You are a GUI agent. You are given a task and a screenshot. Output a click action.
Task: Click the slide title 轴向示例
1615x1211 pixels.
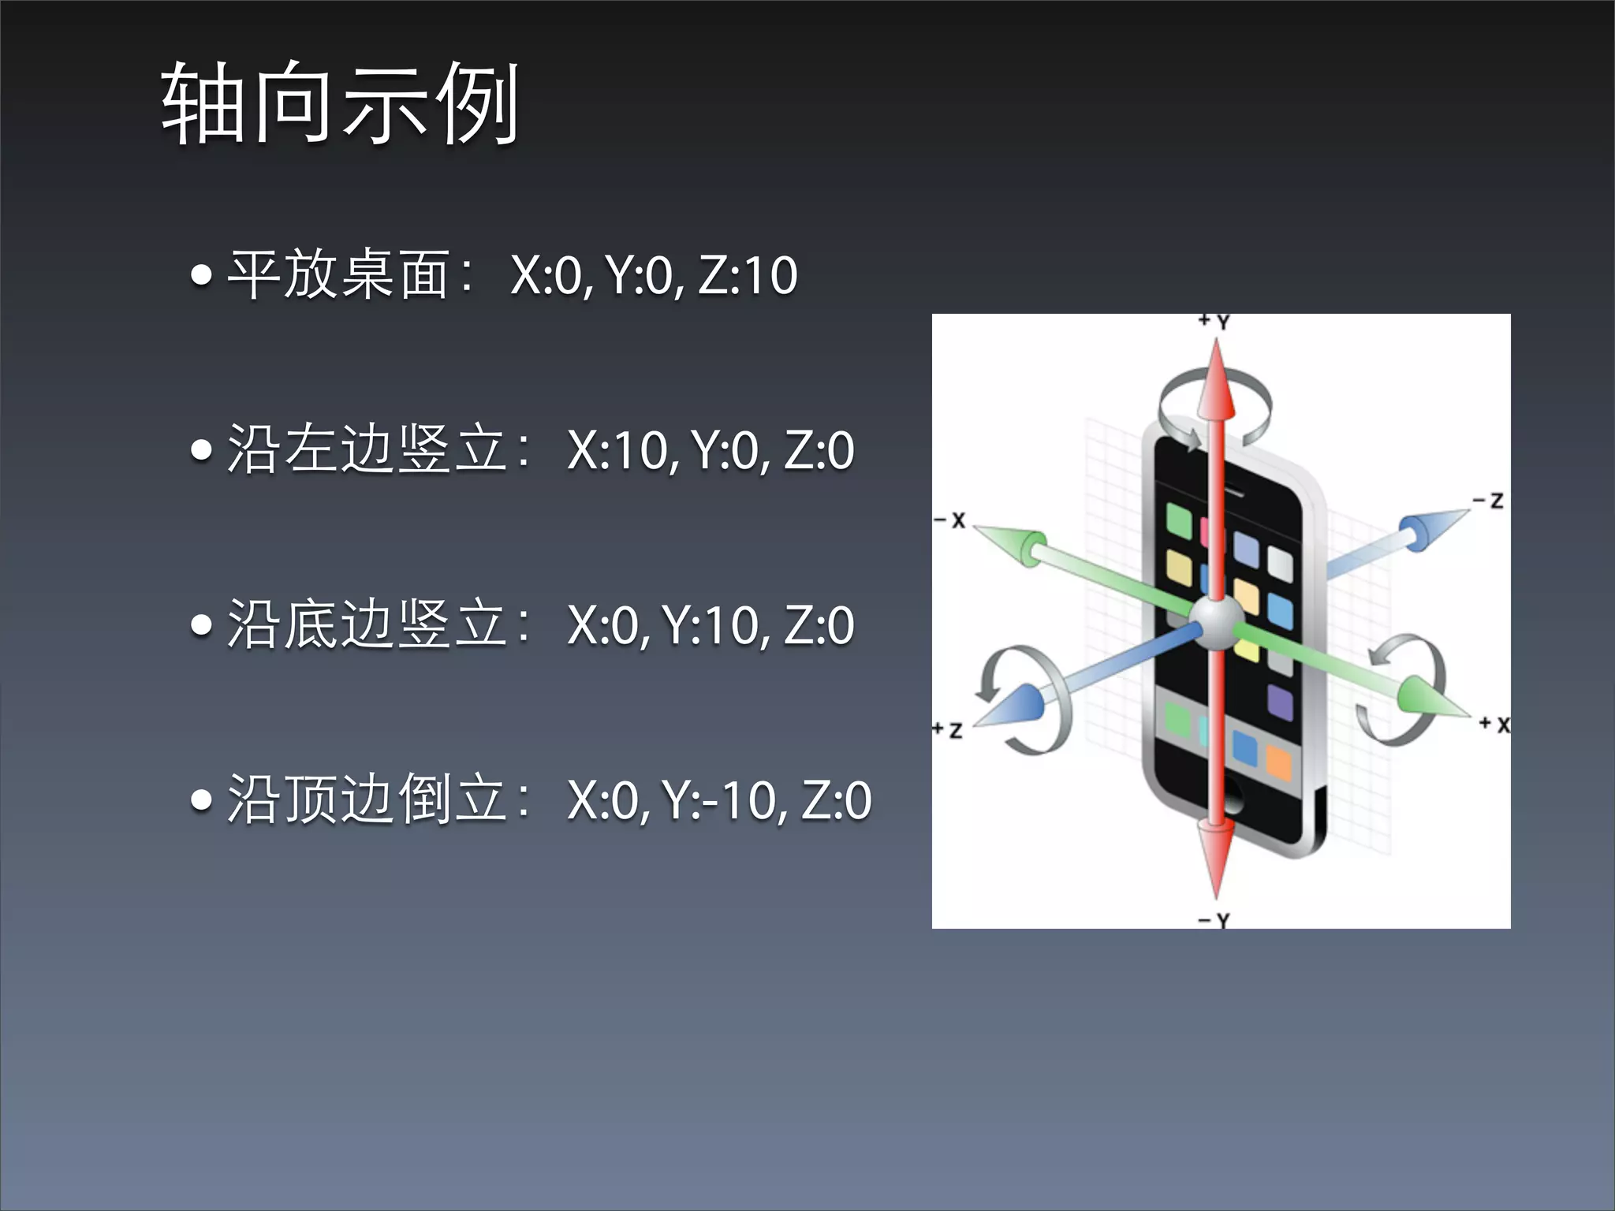(x=340, y=103)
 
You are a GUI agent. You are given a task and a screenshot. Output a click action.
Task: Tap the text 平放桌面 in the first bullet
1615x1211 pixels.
(x=339, y=275)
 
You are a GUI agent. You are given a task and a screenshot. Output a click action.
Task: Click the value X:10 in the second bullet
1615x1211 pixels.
(x=617, y=450)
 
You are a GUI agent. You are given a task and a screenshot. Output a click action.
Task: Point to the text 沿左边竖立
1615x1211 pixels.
(x=367, y=449)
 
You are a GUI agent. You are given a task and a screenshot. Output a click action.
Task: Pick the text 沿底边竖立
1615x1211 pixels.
(x=367, y=624)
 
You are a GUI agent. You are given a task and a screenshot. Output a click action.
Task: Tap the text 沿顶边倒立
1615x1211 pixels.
(x=367, y=799)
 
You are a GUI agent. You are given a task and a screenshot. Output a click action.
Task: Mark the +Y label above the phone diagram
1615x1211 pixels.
(x=1214, y=322)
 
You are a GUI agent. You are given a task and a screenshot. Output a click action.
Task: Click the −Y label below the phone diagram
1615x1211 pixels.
(x=1214, y=920)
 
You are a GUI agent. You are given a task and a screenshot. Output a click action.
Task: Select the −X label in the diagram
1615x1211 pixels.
(x=950, y=520)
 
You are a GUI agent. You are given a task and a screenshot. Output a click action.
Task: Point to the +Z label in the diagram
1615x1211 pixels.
(x=948, y=729)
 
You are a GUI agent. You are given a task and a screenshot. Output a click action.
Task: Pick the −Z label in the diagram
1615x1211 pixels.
(x=1489, y=500)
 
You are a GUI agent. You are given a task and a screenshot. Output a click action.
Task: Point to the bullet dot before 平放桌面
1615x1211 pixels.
(x=202, y=275)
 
